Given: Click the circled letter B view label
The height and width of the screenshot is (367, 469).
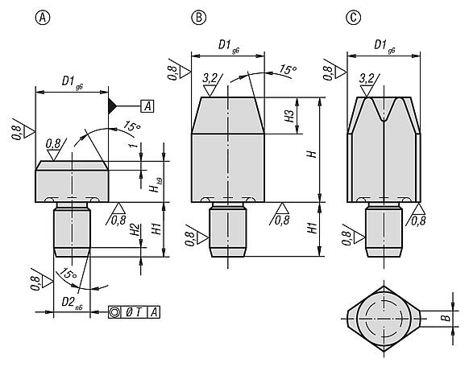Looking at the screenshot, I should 197,17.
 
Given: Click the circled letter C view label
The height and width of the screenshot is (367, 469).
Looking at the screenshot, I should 351,17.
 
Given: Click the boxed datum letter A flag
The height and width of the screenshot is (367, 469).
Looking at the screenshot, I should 149,105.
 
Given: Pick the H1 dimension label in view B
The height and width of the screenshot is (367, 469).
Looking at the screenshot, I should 313,229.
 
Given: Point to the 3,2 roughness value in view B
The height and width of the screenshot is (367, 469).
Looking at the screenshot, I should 211,77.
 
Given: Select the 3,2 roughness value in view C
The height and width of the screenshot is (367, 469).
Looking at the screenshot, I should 367,78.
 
